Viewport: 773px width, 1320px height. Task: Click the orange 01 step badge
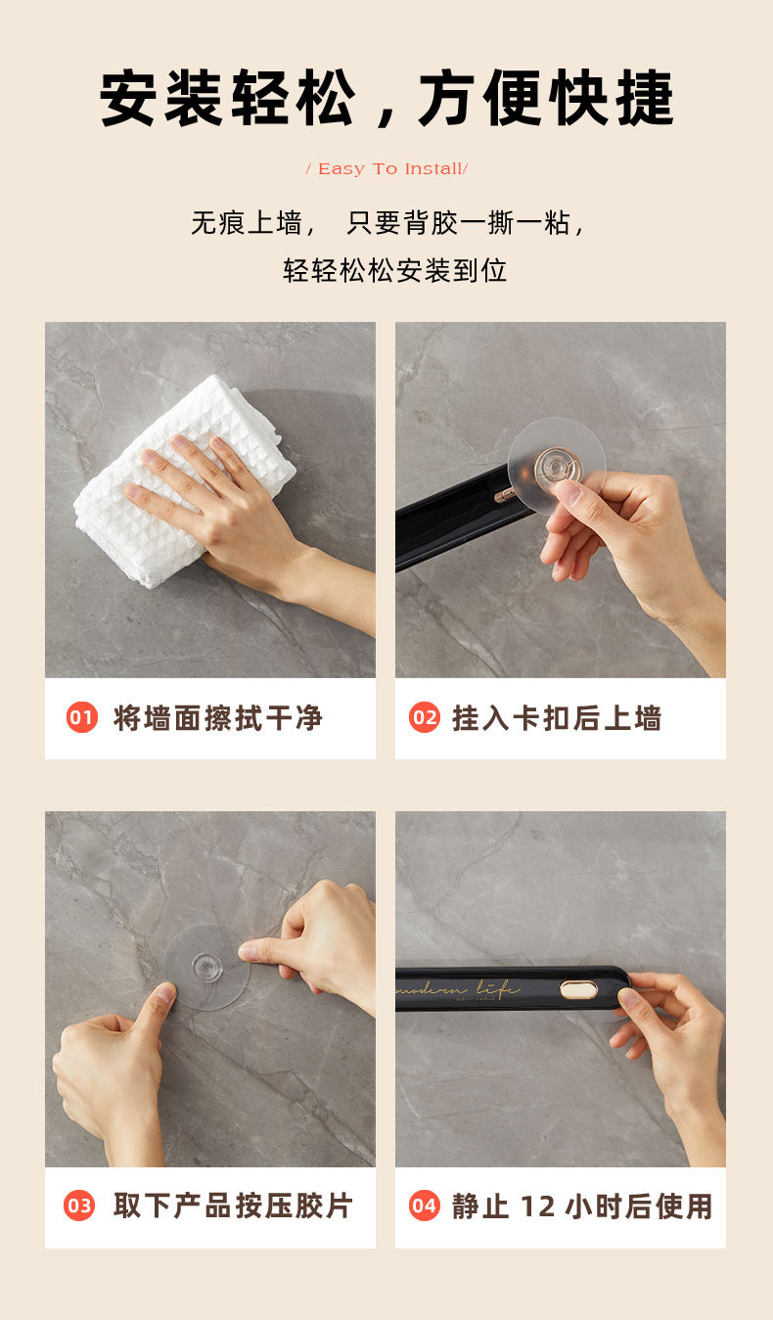click(82, 718)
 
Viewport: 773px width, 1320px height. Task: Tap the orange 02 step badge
click(425, 718)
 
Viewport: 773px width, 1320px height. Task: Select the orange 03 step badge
click(79, 1206)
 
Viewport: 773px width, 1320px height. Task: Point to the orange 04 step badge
click(424, 1206)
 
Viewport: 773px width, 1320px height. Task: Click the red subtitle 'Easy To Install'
click(386, 169)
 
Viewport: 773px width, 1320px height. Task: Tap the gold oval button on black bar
click(578, 990)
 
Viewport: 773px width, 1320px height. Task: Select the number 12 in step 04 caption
click(537, 1206)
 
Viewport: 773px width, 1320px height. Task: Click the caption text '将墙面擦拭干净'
click(218, 718)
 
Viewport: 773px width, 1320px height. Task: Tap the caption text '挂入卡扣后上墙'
click(557, 718)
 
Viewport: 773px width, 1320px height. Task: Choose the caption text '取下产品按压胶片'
click(233, 1206)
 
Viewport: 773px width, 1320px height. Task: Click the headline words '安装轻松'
click(227, 99)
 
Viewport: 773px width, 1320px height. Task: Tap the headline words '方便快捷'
click(546, 99)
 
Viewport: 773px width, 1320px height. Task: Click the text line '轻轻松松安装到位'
click(395, 270)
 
